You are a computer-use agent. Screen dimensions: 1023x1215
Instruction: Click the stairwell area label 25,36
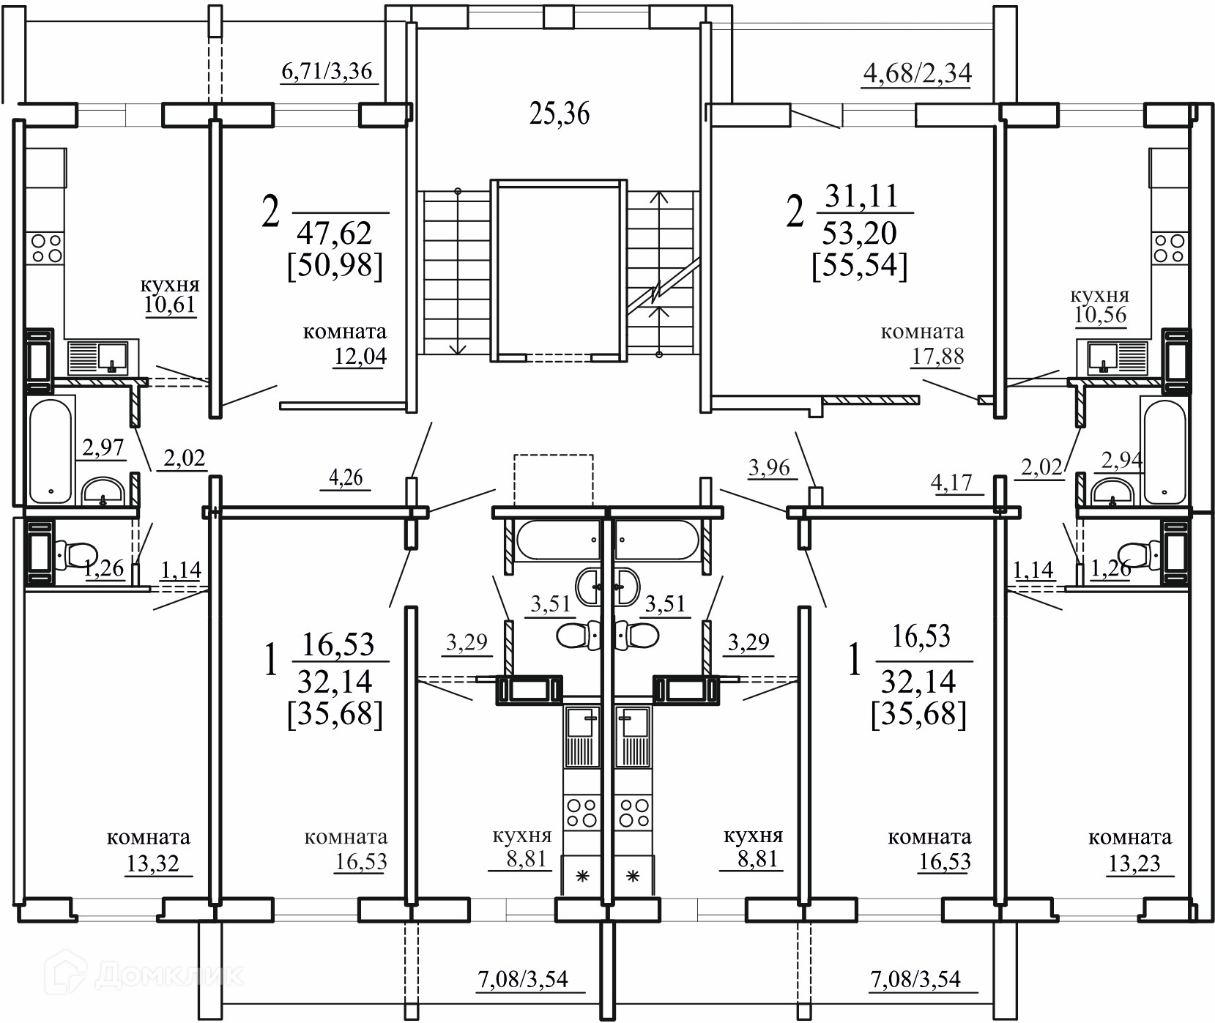559,114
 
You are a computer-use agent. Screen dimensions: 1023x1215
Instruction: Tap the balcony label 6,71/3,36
327,72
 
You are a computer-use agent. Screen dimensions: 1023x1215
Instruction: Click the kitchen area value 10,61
170,305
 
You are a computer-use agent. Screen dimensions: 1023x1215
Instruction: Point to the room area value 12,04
359,356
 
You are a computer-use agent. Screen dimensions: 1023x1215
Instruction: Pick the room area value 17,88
937,356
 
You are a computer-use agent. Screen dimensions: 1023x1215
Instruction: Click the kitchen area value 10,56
1100,315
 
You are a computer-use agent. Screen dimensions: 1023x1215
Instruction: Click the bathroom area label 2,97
103,447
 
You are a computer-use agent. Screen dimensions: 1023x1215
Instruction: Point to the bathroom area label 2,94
1121,461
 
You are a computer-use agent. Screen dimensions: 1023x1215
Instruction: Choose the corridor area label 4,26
346,477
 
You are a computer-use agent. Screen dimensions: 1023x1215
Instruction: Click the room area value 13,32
152,864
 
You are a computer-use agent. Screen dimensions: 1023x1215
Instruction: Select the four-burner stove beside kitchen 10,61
45,248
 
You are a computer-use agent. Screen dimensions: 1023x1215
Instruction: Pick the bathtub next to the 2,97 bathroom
51,450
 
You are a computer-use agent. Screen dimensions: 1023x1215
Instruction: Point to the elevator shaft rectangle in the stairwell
559,269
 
